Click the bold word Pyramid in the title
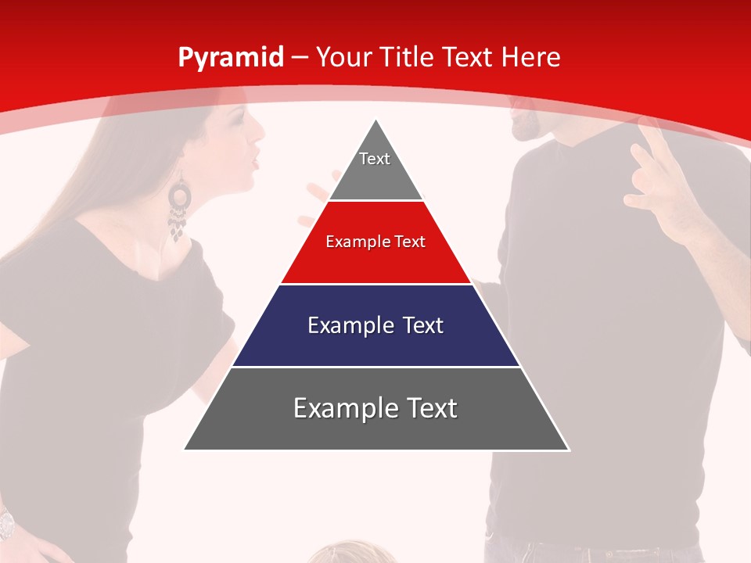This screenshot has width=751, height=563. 230,58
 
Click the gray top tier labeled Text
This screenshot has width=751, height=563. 375,168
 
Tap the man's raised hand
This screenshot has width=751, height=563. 657,176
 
